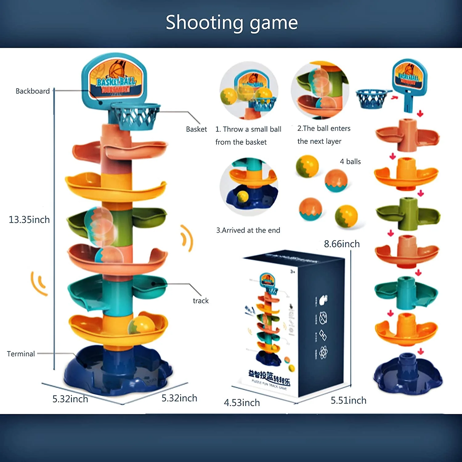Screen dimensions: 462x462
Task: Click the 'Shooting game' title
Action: tap(232, 22)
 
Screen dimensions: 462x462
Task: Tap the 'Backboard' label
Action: tap(33, 91)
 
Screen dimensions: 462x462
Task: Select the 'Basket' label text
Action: tap(196, 129)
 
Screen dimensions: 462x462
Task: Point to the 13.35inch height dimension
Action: tap(29, 220)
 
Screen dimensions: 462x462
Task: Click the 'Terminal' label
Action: tap(21, 354)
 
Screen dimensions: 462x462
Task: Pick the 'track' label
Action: tap(201, 301)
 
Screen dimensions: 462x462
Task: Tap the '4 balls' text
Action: tap(350, 162)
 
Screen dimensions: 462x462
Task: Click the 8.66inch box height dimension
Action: tap(342, 244)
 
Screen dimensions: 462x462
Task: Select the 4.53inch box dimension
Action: tap(242, 403)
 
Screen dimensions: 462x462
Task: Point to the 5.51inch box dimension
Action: tap(348, 400)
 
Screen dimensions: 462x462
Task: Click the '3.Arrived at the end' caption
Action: tap(248, 230)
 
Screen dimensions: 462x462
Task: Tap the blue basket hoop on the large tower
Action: tap(136, 115)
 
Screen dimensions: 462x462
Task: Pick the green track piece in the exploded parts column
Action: tap(407, 214)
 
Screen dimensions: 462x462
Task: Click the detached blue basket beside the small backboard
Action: tap(372, 99)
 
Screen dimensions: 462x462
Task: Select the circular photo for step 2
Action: tap(320, 90)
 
